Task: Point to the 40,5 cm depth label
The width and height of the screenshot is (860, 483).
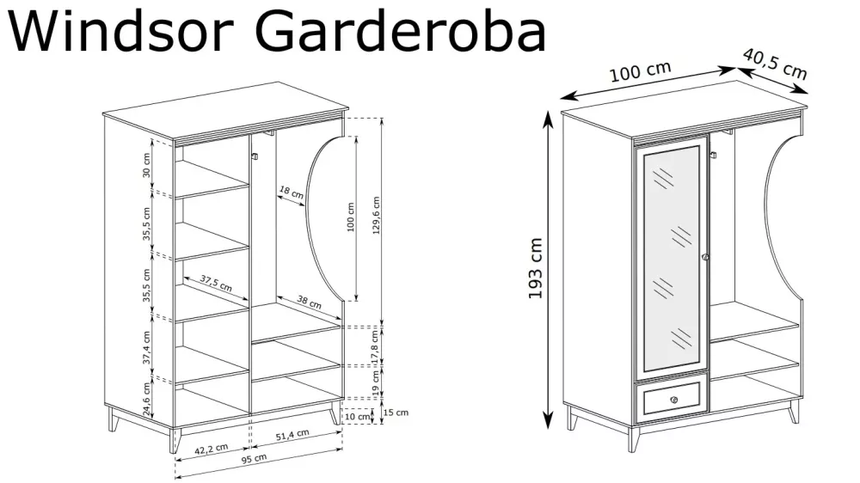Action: point(775,64)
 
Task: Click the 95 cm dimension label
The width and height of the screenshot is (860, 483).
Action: point(255,459)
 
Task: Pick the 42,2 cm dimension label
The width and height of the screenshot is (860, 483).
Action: point(211,449)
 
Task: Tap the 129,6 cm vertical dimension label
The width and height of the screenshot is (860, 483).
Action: point(376,220)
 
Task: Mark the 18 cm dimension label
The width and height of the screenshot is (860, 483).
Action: point(291,193)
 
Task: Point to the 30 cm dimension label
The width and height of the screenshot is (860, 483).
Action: point(146,167)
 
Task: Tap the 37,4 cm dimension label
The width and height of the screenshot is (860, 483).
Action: point(146,347)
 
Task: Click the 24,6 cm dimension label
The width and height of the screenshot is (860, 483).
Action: point(146,400)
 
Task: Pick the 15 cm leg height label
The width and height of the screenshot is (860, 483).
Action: point(396,413)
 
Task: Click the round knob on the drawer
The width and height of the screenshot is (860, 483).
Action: point(674,399)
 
